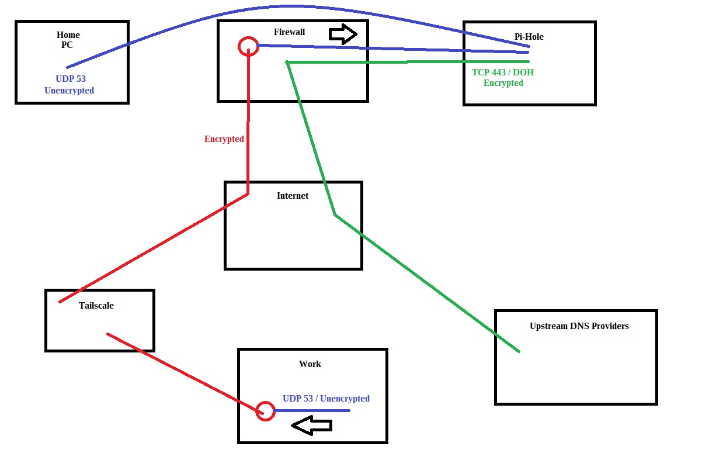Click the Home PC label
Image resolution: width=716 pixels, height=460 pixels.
coord(68,40)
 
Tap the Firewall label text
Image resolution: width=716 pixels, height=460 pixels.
coord(289,32)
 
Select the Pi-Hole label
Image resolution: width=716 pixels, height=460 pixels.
coord(529,36)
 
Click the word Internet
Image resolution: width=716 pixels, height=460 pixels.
coord(293,195)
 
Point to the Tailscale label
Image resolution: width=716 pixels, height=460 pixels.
coord(96,305)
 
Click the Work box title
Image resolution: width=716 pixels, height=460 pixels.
coord(310,364)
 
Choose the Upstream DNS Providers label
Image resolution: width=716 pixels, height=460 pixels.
coord(579,326)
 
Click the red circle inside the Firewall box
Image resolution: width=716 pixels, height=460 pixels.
coord(248,47)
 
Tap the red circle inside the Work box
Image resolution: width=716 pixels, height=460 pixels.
coord(266,411)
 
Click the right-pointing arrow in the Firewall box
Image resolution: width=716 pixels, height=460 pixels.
coord(343,34)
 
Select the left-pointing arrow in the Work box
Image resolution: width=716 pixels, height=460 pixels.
coord(311,426)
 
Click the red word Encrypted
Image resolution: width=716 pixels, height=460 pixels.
coord(224,139)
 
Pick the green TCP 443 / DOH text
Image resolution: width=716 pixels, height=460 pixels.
coord(503,72)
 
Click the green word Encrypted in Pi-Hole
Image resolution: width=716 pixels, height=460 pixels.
coord(503,83)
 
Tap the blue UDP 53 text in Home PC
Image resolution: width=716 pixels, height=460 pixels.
coord(71,79)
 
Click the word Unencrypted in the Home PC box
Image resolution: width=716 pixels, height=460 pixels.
coord(69,91)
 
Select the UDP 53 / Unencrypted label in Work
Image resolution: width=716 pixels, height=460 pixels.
coord(326,399)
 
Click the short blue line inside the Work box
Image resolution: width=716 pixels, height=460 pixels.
coord(312,410)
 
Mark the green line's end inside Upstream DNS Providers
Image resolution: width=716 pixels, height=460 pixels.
coord(519,351)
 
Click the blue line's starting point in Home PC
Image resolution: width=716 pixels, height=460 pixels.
coord(68,67)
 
